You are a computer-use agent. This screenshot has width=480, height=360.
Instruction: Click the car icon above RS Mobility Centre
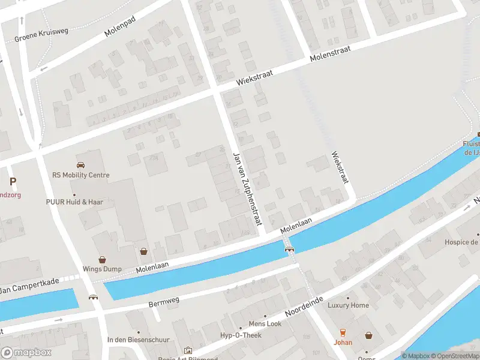(x=80, y=165)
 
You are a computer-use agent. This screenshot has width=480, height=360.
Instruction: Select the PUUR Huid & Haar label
(x=74, y=202)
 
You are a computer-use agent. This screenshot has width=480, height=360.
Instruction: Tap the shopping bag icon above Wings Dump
(x=102, y=260)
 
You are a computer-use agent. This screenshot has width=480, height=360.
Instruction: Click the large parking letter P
(x=13, y=181)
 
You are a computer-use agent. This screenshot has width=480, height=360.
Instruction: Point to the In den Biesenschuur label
(x=138, y=340)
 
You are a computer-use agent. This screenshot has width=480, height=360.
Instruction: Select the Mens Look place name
(x=265, y=323)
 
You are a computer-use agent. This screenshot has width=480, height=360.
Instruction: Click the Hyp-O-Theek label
(x=241, y=335)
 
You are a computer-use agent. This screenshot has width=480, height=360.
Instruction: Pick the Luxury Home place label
(x=348, y=305)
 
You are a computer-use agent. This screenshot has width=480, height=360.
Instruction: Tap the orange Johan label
(x=343, y=343)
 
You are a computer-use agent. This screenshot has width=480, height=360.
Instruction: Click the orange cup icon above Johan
(x=343, y=332)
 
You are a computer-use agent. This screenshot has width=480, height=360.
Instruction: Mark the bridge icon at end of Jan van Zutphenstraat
(x=289, y=249)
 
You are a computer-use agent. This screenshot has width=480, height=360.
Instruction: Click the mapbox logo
(x=26, y=352)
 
